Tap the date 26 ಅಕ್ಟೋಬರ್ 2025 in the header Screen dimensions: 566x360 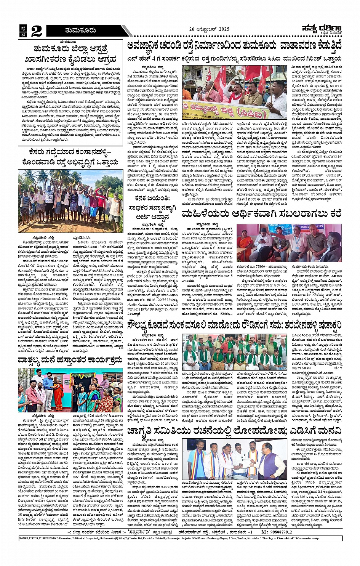pyautogui.click(x=210, y=29)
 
